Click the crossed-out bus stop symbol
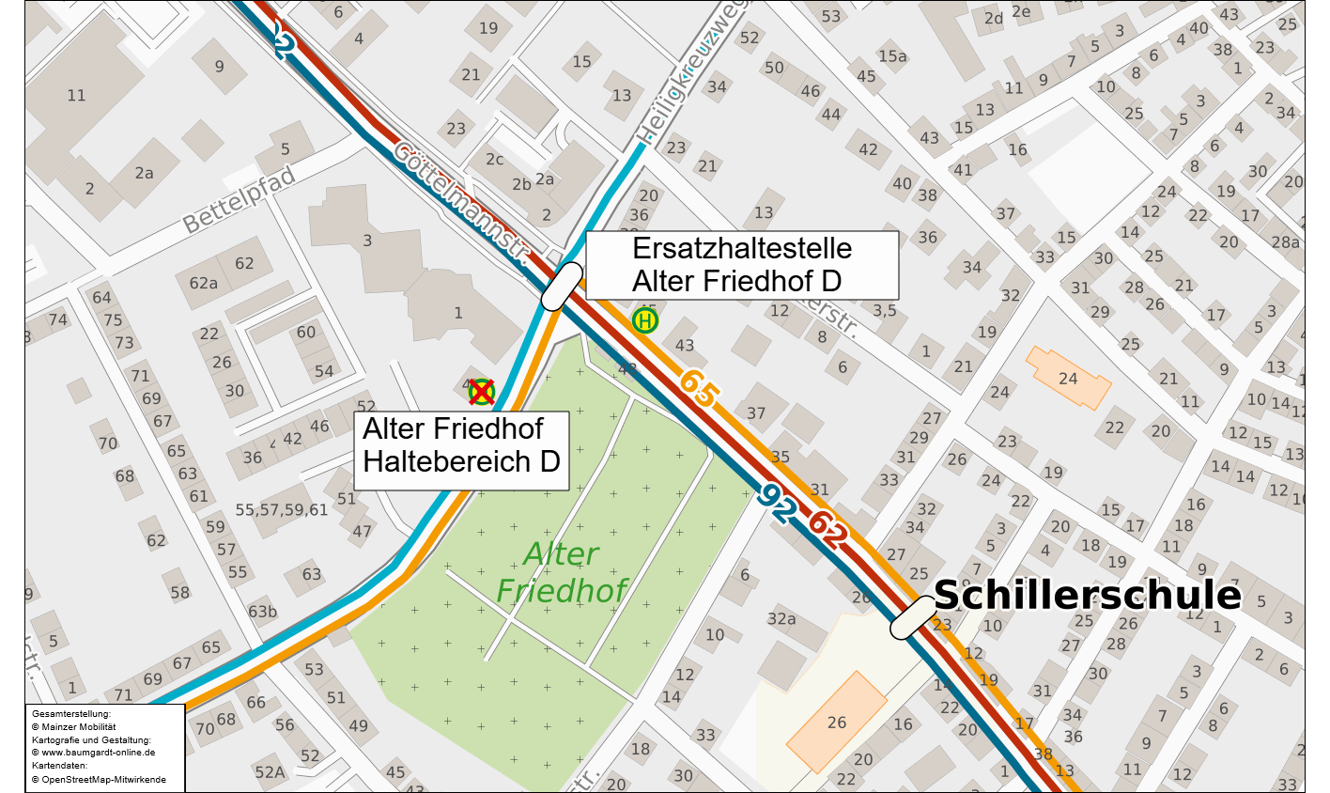(x=482, y=391)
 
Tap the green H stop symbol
(x=645, y=320)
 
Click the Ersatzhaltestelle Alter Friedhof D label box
(x=742, y=265)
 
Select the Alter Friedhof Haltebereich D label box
(x=461, y=445)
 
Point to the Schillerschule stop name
(x=1087, y=596)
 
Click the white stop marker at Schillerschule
(x=913, y=617)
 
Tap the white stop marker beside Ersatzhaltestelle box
(x=564, y=287)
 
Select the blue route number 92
(x=779, y=505)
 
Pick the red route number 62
(x=829, y=530)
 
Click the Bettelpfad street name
(x=239, y=200)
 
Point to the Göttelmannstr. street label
(x=461, y=201)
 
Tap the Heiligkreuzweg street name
(x=680, y=85)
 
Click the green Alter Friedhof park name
(x=561, y=572)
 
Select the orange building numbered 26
(x=837, y=722)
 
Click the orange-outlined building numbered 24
(x=1068, y=378)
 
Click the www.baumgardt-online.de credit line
(x=93, y=753)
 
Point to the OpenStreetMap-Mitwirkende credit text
(x=99, y=780)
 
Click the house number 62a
(x=204, y=283)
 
